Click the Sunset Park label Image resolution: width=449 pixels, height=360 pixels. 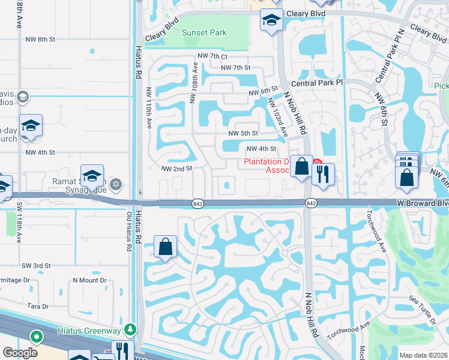(205, 32)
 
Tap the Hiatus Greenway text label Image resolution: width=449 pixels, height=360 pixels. (89, 330)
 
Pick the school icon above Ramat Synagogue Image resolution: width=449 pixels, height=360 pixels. (92, 175)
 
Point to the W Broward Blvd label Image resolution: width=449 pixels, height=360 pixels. (423, 204)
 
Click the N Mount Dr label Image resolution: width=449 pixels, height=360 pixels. (89, 280)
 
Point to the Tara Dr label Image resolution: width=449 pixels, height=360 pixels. (37, 306)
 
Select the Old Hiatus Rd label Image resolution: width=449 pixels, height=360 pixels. (128, 232)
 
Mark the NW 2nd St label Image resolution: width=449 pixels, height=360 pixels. (176, 169)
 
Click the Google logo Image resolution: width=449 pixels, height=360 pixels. (20, 353)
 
